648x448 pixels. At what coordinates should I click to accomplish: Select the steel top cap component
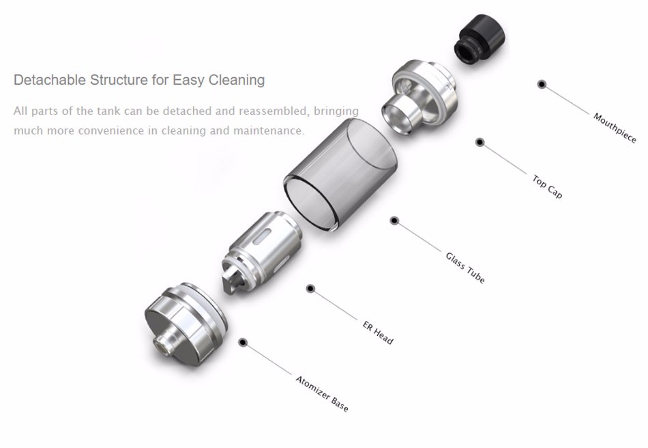pos(419,96)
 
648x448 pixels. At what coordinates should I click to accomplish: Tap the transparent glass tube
pos(340,173)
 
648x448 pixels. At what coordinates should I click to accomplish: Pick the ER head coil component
pos(261,252)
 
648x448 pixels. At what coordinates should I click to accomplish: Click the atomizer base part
pos(186,324)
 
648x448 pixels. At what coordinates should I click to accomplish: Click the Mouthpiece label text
pos(615,128)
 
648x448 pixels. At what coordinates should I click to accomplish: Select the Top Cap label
pos(547,187)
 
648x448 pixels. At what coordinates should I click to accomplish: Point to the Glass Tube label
pos(465,268)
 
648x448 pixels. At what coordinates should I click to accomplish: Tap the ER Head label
pos(378,333)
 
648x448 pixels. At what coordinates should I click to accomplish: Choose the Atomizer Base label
pos(322,394)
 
